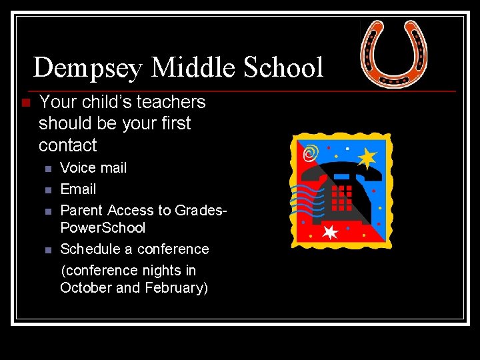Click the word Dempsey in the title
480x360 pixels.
pyautogui.click(x=88, y=68)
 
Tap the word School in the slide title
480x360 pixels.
pyautogui.click(x=284, y=68)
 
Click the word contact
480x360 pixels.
pyautogui.click(x=67, y=145)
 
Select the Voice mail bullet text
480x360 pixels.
pyautogui.click(x=93, y=168)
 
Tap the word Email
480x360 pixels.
pyautogui.click(x=78, y=189)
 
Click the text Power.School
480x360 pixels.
pyautogui.click(x=103, y=228)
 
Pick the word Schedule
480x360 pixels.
pyautogui.click(x=87, y=249)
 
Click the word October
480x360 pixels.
pyautogui.click(x=86, y=288)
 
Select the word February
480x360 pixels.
pyautogui.click(x=175, y=288)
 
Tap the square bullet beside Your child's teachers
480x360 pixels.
pyautogui.click(x=25, y=103)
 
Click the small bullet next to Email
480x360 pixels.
pyautogui.click(x=47, y=190)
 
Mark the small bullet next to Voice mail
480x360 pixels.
pyautogui.click(x=47, y=169)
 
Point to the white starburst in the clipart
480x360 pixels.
pyautogui.click(x=330, y=232)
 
